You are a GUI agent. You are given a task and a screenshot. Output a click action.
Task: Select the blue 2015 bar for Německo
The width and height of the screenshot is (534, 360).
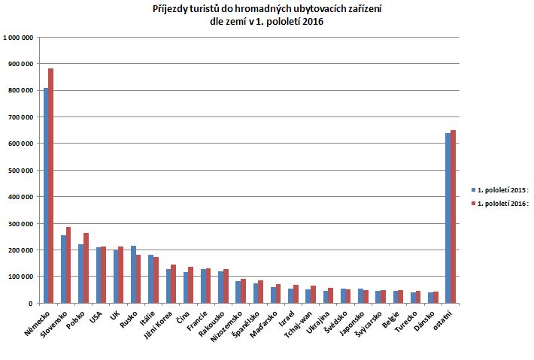[46, 195]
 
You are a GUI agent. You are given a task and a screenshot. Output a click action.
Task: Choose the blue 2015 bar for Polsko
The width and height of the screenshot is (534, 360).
[80, 274]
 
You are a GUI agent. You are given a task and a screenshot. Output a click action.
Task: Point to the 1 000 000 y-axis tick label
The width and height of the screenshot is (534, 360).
[17, 37]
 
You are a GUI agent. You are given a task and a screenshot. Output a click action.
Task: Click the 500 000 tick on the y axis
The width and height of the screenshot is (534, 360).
[20, 170]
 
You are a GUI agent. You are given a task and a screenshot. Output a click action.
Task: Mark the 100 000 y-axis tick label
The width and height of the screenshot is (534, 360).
[20, 277]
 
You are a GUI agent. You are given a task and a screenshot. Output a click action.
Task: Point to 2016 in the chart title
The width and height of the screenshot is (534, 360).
[311, 22]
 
